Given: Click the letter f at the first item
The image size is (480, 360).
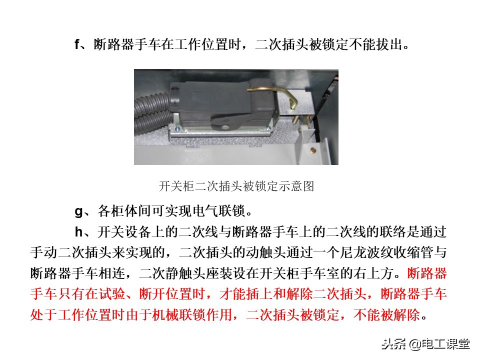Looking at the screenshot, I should coord(77,44).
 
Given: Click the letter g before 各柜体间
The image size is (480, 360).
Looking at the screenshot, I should coord(78,211).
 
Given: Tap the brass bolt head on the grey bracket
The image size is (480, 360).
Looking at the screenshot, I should coord(313,149).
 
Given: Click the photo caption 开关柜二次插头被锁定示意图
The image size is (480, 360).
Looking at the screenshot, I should coord(236,186).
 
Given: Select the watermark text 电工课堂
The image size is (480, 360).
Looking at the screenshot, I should coord(445,344).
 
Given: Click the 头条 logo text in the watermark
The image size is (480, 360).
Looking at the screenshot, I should coord(393,344).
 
